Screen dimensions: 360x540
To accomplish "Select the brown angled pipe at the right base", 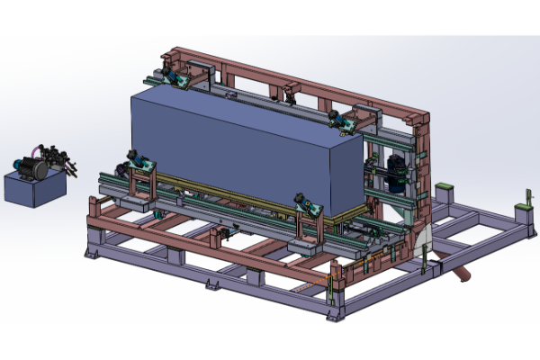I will point(459,269).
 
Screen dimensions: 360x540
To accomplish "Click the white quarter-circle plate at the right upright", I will point(427,240).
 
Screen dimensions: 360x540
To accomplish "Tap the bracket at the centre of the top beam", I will point(290,89).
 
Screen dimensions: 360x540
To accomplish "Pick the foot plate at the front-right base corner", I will point(337,315).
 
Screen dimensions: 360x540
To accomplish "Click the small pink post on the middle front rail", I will point(216,236).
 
